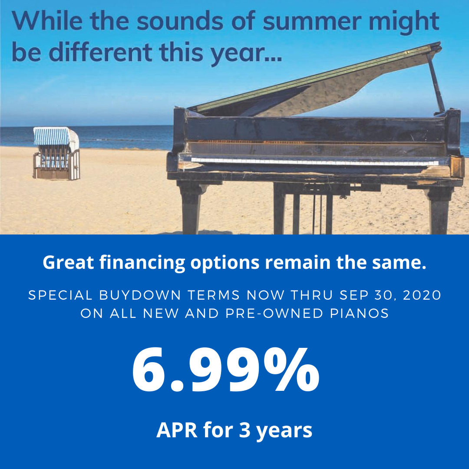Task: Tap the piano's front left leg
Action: tap(191, 208)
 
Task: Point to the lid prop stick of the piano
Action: tap(436, 83)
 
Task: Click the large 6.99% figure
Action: tap(225, 372)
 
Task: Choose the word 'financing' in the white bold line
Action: tap(148, 263)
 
